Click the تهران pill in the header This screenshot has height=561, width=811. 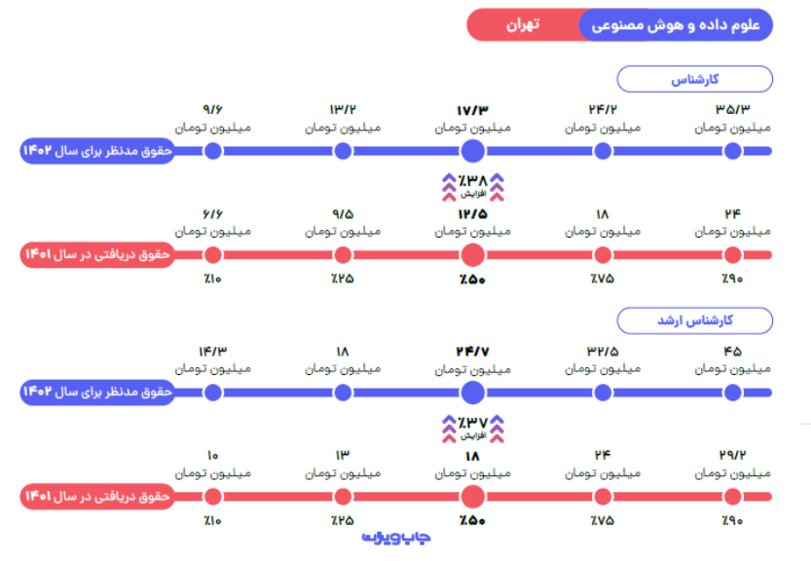tap(523, 25)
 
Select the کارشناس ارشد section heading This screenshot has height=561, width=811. tap(695, 320)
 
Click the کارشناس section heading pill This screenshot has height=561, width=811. tap(695, 79)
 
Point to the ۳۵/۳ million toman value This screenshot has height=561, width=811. tap(732, 109)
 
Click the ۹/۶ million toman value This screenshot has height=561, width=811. tap(213, 109)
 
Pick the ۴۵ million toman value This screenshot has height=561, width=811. tap(732, 351)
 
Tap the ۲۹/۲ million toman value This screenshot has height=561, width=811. tap(732, 455)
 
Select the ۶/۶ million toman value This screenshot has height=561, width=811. tap(213, 213)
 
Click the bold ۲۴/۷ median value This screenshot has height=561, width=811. tap(472, 351)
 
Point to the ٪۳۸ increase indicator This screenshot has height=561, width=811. tap(472, 182)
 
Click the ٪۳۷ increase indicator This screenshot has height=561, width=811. tap(472, 425)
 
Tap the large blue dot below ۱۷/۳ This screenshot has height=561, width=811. tap(472, 151)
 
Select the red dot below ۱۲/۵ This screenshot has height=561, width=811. tap(472, 255)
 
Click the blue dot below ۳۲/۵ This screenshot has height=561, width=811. tap(603, 393)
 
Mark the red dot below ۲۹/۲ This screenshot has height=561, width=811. tap(732, 497)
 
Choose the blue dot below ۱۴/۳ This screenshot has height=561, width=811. tap(213, 393)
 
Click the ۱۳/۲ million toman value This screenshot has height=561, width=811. tap(343, 109)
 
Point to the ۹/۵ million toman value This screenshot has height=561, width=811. tap(343, 213)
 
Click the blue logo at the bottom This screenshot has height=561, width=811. tap(396, 537)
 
